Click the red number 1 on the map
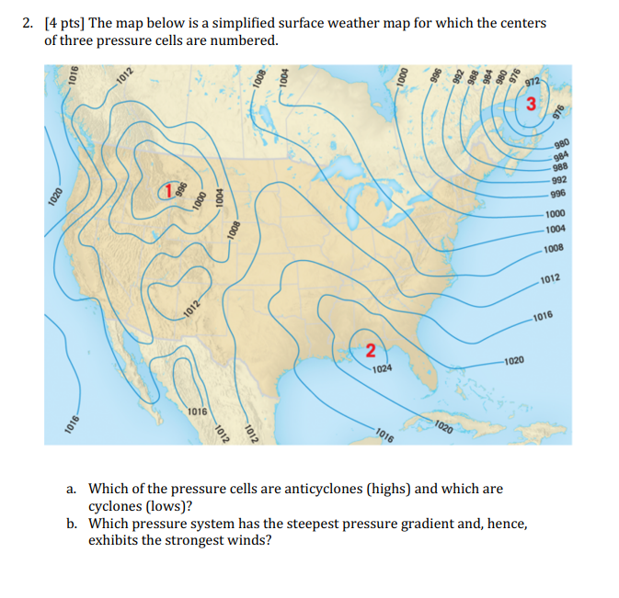(168, 191)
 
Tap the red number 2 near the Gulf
(370, 349)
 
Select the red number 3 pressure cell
(532, 104)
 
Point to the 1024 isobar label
(384, 368)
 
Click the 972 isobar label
(531, 84)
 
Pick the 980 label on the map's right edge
(564, 141)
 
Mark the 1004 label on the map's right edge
(554, 229)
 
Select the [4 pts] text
(63, 23)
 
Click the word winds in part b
(248, 540)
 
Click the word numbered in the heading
(247, 41)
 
